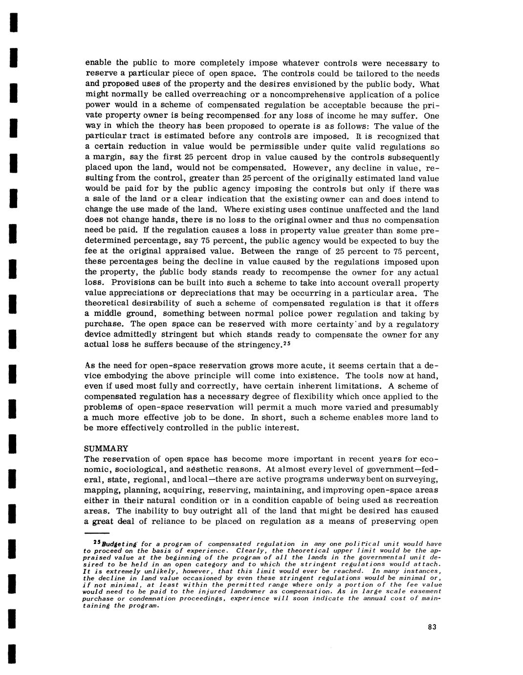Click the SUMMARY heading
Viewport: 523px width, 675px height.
(x=106, y=449)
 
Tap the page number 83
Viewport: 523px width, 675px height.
(x=431, y=628)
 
